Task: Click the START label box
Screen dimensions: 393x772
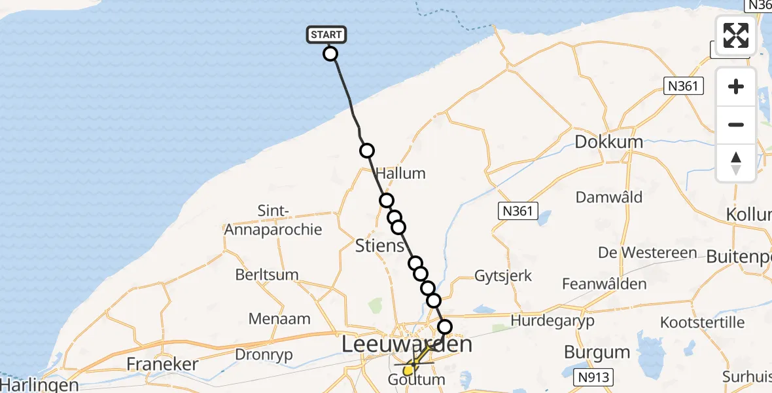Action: pyautogui.click(x=326, y=35)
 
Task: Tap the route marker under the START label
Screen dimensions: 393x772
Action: pyautogui.click(x=330, y=54)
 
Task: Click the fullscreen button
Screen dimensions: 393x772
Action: pyautogui.click(x=736, y=35)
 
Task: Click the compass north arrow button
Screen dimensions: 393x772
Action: pyautogui.click(x=736, y=163)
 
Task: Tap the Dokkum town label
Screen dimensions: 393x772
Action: pyautogui.click(x=608, y=141)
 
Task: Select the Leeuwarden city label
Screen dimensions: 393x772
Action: pyautogui.click(x=408, y=345)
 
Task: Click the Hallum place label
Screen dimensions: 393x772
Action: pyautogui.click(x=400, y=174)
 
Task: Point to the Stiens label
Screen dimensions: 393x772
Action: pyautogui.click(x=379, y=246)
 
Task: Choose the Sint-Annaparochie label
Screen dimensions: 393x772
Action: pyautogui.click(x=273, y=221)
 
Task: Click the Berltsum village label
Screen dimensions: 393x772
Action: pyautogui.click(x=268, y=275)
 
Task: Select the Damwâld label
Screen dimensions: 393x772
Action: pyautogui.click(x=609, y=197)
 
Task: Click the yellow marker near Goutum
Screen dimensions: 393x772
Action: pyautogui.click(x=408, y=371)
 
